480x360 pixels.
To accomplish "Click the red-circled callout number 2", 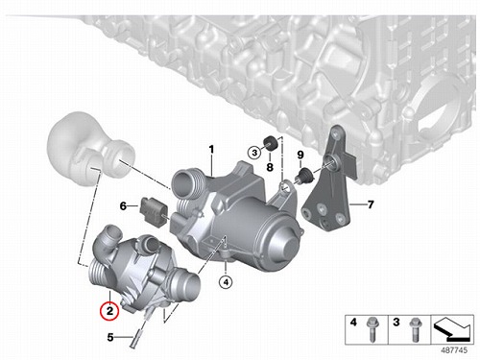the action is pos(109,310).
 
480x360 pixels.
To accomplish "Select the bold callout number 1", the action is pos(211,149).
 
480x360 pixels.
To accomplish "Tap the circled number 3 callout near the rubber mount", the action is pos(254,153).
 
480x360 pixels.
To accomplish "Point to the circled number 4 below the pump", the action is pos(226,282).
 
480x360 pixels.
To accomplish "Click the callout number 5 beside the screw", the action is pos(110,337).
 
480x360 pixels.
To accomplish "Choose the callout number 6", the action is pos(123,206).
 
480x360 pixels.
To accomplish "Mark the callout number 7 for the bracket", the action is pos(371,204).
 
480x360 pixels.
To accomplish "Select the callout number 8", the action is pos(270,167).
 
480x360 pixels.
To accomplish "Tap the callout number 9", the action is pos(300,156).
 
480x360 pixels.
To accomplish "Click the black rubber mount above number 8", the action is pos(270,143).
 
